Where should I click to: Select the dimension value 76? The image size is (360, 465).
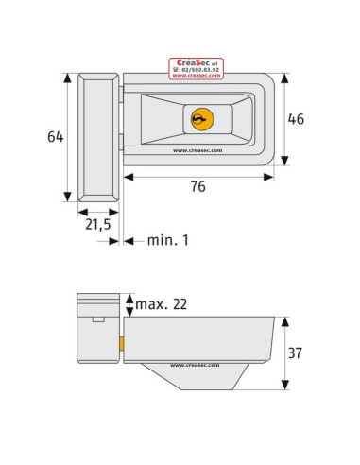pos(198,187)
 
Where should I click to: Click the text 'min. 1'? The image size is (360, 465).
pos(167,241)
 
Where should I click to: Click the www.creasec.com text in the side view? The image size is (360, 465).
pos(193,365)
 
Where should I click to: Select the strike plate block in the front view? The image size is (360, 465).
pos(98,137)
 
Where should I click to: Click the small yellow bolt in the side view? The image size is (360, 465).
pos(121,341)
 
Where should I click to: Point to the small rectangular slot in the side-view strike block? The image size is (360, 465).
pos(97,320)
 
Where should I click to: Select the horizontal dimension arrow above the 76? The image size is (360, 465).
pos(198,173)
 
